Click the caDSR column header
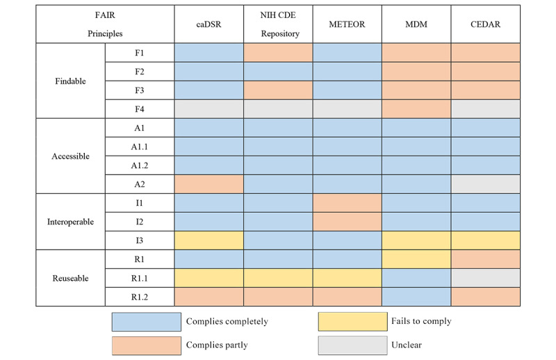point(208,24)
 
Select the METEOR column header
point(347,24)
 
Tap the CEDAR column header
point(485,24)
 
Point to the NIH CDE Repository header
point(279,24)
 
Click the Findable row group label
point(70,81)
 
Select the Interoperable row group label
point(70,222)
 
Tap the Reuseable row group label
point(70,278)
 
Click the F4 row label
point(140,109)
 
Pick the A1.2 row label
point(140,165)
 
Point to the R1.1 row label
point(140,278)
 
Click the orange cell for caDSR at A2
point(209,184)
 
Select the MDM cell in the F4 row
point(416,109)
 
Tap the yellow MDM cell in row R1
point(416,259)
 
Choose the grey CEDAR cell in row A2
point(485,184)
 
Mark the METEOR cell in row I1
point(347,203)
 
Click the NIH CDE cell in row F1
point(278,53)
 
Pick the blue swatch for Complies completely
point(147,322)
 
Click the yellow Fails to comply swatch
point(353,322)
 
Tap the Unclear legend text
point(407,345)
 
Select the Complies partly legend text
point(217,345)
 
